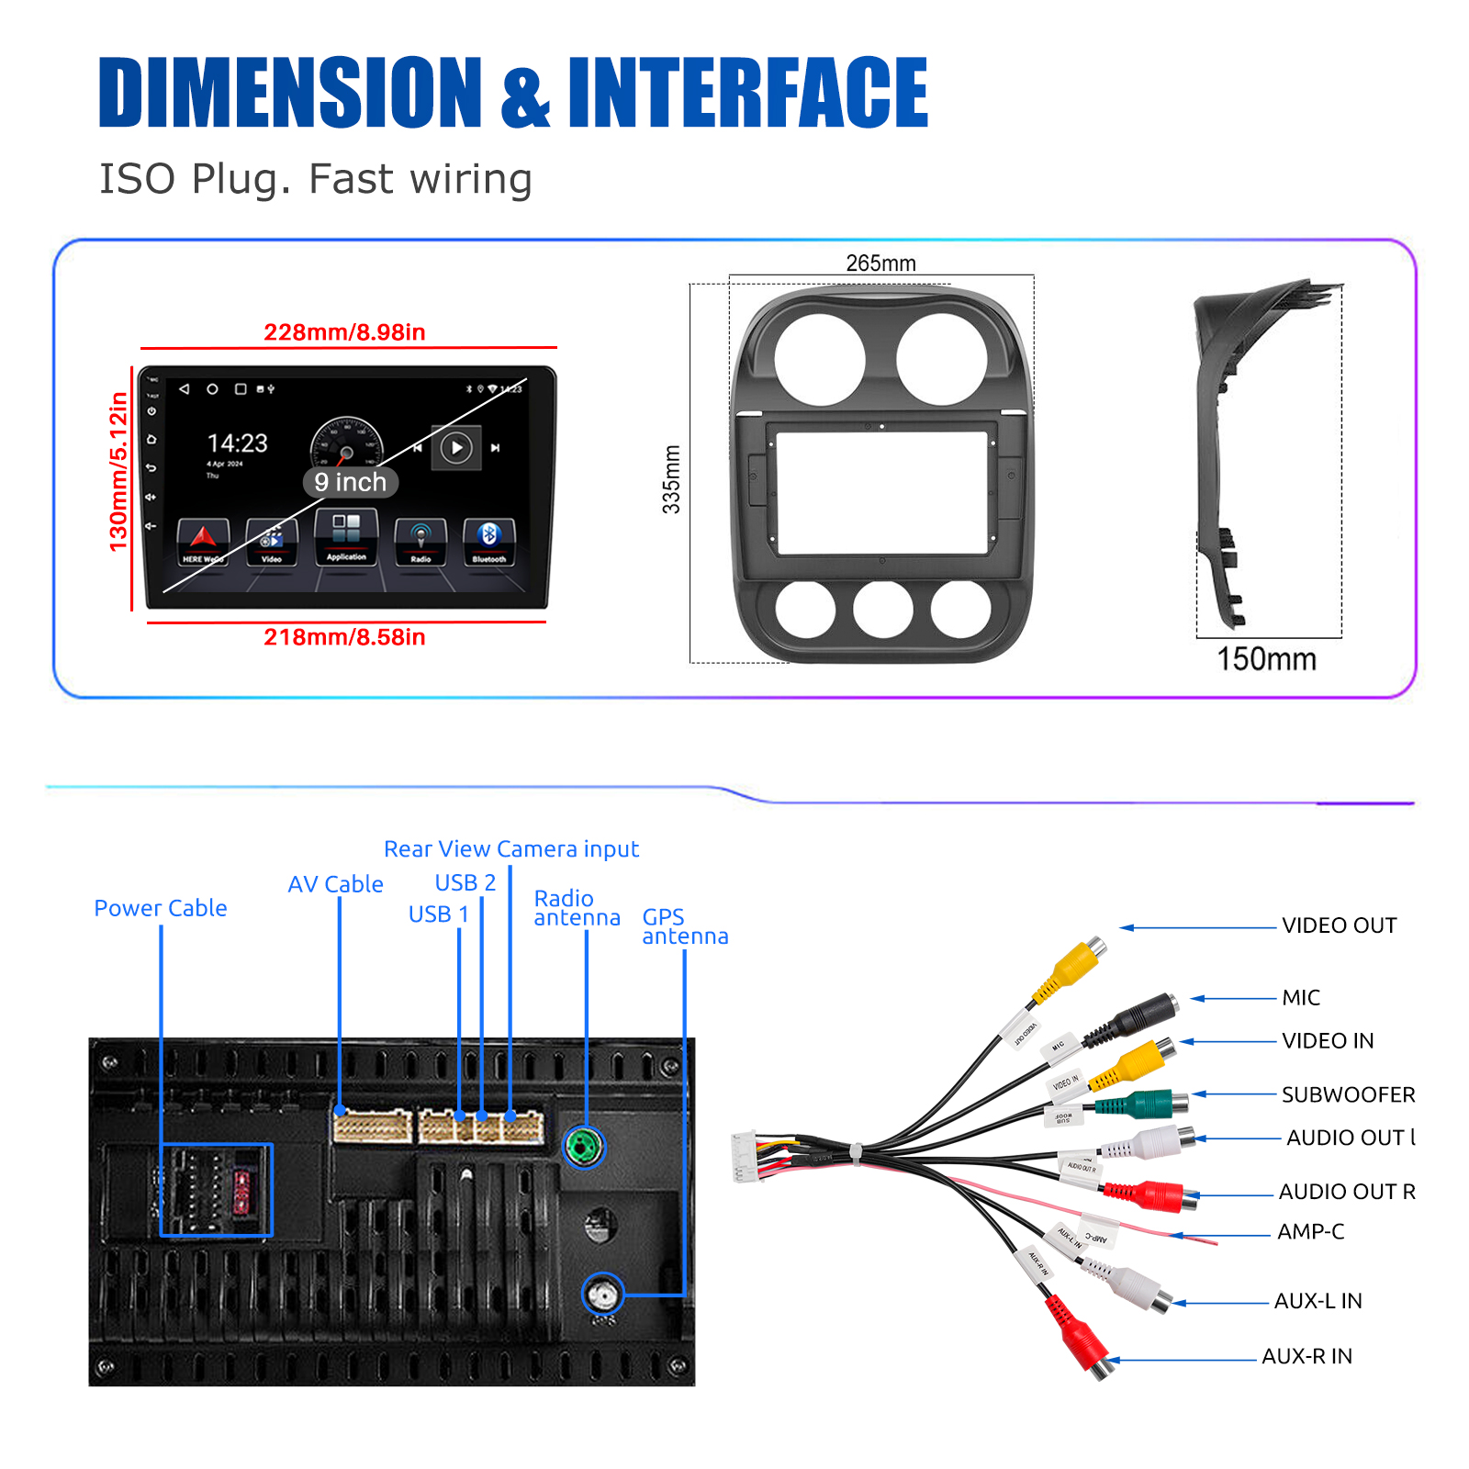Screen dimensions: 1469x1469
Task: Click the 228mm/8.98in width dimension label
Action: [344, 332]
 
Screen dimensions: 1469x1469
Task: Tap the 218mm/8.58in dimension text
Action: [344, 637]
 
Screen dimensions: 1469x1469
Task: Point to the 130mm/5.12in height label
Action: [118, 472]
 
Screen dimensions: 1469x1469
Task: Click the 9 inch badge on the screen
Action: [350, 482]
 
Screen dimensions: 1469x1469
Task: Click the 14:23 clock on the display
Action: [237, 443]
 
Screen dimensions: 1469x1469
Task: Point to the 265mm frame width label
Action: [880, 264]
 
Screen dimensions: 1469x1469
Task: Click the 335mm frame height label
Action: [671, 479]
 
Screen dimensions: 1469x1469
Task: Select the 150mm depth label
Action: [1266, 659]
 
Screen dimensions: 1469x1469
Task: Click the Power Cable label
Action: [161, 908]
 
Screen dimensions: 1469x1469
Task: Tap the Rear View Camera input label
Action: [510, 849]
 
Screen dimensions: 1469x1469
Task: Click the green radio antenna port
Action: [584, 1147]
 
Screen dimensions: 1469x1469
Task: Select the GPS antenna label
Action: [684, 926]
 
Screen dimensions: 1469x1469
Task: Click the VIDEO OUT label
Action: [1339, 925]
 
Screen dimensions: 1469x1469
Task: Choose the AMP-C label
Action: [1310, 1231]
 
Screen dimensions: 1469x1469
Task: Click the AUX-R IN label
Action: [1306, 1356]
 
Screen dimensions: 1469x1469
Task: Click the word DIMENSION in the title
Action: [289, 92]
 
